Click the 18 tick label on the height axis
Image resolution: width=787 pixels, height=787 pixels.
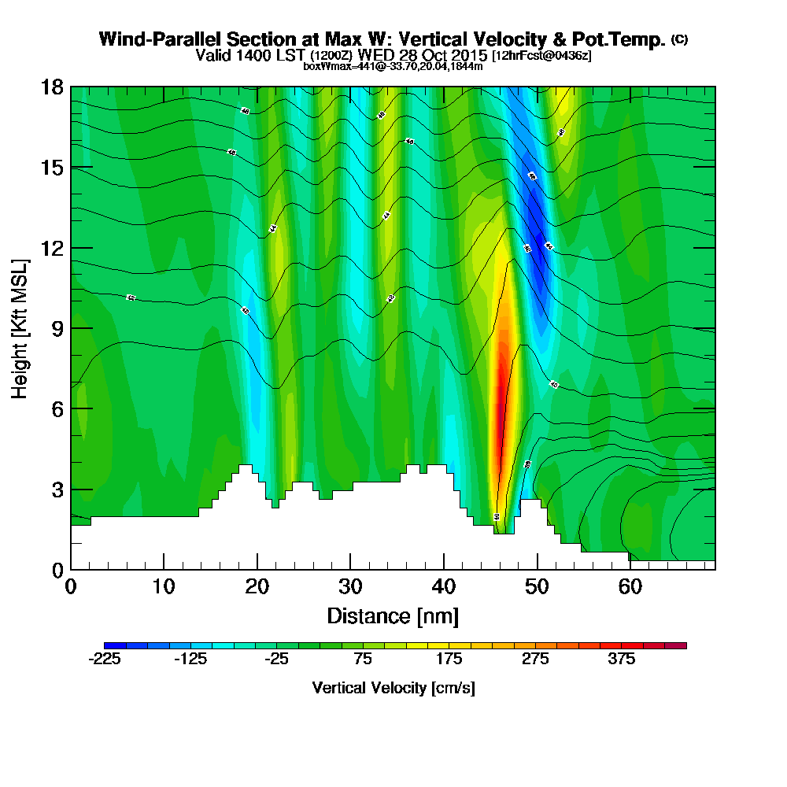click(52, 87)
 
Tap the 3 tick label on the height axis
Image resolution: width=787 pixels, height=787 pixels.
click(57, 490)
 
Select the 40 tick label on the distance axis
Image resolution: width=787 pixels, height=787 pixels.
click(444, 587)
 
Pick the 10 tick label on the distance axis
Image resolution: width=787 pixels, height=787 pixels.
click(164, 587)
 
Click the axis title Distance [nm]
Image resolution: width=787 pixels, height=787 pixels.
click(393, 615)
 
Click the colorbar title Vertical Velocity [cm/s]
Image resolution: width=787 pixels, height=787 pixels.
click(393, 688)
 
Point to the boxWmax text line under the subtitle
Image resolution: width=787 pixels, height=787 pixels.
click(393, 66)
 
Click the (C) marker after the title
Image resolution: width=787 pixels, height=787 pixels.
click(679, 39)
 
